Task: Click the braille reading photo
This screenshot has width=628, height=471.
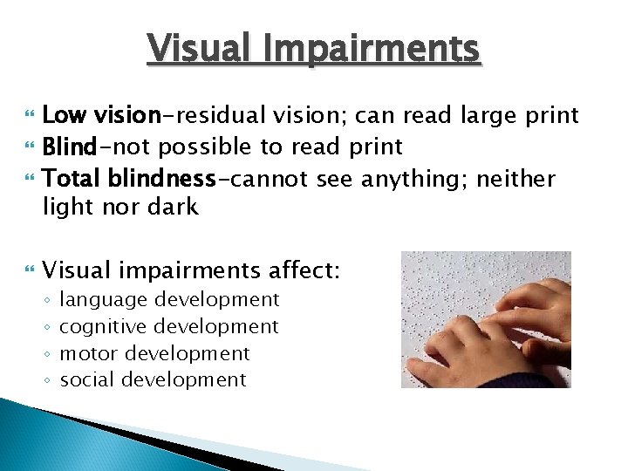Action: [x=486, y=319]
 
